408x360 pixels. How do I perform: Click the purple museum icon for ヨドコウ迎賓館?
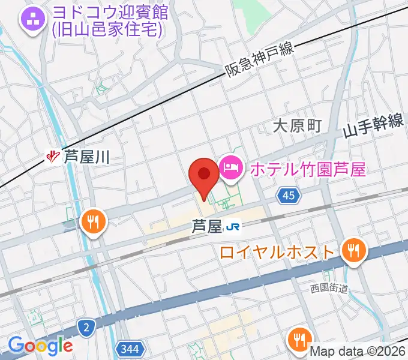(32, 20)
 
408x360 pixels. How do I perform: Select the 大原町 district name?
(297, 126)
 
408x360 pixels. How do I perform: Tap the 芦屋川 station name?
(86, 158)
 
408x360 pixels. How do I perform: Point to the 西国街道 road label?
(329, 289)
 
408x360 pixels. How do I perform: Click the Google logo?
(40, 345)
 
